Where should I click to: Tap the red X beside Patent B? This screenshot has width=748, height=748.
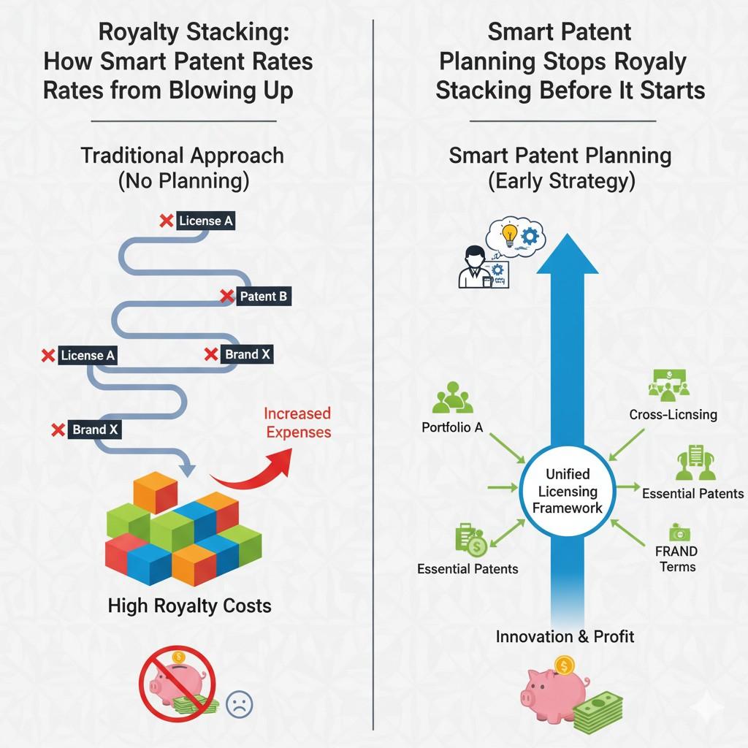coord(227,296)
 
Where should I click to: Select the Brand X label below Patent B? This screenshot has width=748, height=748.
coord(248,354)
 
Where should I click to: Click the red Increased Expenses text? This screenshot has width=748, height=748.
coord(297,423)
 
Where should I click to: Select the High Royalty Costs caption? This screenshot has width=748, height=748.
coord(189,606)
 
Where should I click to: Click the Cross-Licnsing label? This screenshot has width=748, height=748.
coord(673,414)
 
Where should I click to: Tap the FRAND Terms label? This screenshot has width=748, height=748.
coord(676,559)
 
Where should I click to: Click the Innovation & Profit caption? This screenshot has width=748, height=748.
coord(565,636)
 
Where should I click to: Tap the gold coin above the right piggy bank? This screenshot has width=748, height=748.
coord(564,665)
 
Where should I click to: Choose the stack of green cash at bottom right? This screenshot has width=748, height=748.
coord(598,711)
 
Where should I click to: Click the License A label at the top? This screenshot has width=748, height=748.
coord(207,221)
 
